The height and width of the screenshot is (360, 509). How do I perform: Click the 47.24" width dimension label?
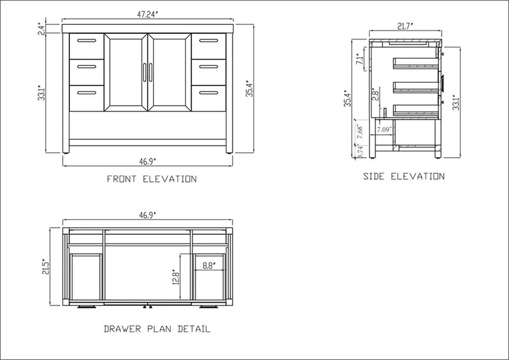pos(148,15)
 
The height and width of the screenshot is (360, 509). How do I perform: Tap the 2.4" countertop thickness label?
pos(41,29)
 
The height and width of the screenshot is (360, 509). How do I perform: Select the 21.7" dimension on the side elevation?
pos(405,26)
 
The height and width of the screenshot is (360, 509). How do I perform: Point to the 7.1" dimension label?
pos(359,59)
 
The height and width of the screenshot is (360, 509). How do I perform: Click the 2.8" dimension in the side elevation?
pos(375,94)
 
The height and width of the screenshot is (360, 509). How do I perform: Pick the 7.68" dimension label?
pos(359,132)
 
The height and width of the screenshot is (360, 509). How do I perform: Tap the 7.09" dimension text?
pos(384,130)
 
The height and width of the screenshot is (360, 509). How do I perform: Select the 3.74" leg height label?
pos(359,151)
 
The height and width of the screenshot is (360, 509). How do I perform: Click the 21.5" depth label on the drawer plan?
pos(45,267)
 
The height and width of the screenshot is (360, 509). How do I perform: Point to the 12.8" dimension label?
pos(176,277)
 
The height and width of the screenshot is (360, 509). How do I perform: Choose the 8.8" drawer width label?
pos(209,265)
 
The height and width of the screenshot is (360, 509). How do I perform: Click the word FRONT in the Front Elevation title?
pos(122,179)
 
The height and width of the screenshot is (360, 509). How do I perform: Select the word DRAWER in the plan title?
pos(122,329)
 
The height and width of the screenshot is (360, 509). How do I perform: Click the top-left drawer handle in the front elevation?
pos(87,41)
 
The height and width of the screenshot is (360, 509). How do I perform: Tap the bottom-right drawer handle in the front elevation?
pos(209,93)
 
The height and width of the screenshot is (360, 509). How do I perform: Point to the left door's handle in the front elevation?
pos(144,73)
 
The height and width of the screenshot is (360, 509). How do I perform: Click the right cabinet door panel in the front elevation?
pos(169,73)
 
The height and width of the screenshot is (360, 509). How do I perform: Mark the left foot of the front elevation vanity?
pos(66,151)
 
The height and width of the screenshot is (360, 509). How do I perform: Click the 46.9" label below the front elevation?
pos(148,162)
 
